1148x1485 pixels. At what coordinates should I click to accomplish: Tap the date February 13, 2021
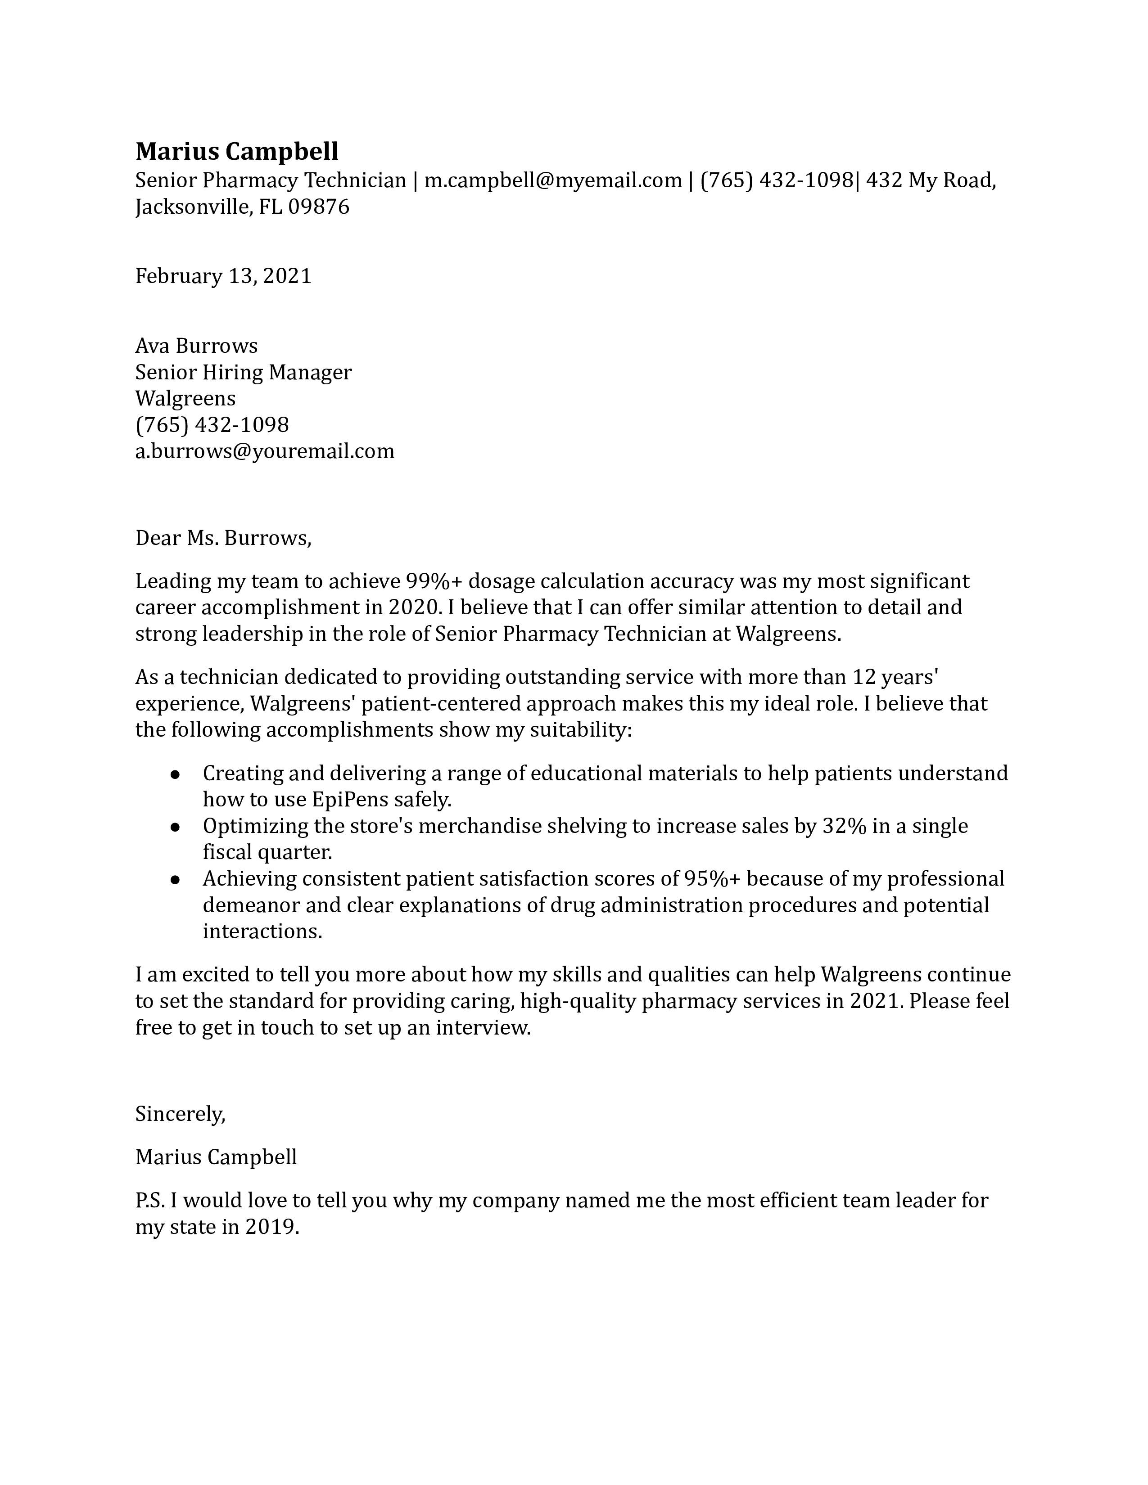coord(223,276)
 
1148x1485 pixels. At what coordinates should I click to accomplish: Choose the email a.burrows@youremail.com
coord(265,451)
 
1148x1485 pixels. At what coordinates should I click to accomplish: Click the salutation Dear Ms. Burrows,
coord(223,539)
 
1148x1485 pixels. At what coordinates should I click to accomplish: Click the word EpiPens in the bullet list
coord(348,800)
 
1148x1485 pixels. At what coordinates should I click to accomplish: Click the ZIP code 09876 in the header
coord(319,207)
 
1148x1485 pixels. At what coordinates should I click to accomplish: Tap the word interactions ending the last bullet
coord(262,931)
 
